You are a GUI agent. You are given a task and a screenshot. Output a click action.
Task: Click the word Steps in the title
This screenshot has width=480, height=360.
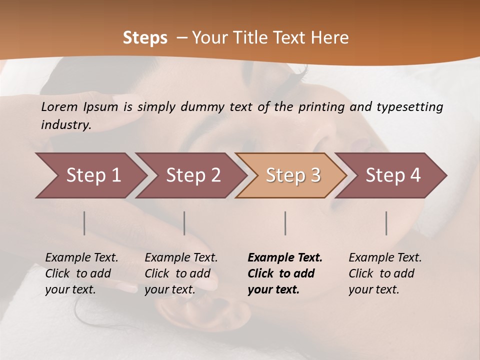coord(145,38)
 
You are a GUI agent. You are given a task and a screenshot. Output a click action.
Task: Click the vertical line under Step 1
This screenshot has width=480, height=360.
coord(84,223)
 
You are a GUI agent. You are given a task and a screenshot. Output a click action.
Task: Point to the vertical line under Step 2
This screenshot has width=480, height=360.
coord(184,223)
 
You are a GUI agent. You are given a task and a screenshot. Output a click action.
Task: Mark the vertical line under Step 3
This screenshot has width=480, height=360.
coord(285,223)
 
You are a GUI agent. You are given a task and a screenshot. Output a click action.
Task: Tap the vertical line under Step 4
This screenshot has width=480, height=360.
coord(386,223)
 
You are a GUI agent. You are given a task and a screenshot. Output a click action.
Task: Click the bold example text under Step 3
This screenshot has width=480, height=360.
coord(285,273)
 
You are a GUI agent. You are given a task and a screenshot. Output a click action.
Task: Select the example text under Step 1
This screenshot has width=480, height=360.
coord(81,273)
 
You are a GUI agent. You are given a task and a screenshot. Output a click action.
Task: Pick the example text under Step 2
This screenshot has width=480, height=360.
coord(181,273)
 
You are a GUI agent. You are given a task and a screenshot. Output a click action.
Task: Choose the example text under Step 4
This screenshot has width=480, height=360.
coord(385,273)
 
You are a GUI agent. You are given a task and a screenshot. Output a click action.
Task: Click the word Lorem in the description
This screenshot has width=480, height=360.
coord(59,107)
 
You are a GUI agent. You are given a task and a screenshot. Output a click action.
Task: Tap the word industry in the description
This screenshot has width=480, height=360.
coord(66,124)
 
